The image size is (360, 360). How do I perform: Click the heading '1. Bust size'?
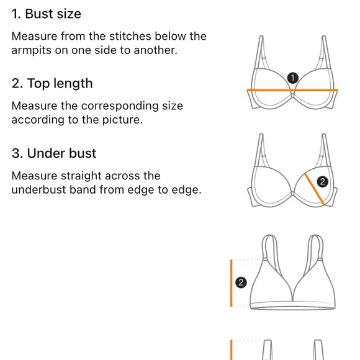click(46, 14)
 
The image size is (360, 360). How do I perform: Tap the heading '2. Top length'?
click(52, 83)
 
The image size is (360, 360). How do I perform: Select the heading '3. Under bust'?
click(54, 153)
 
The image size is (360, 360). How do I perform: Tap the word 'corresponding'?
click(120, 107)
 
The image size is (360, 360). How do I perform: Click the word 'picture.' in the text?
click(122, 120)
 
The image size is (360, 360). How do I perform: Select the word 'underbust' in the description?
click(39, 190)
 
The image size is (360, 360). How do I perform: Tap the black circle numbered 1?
click(293, 78)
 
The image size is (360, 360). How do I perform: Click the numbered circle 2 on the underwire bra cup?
click(322, 182)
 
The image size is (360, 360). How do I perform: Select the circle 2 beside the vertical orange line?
click(241, 282)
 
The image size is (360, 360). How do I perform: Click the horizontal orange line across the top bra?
click(292, 91)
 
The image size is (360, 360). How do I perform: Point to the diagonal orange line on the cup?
click(314, 189)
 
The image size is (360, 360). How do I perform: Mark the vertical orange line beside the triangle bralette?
click(231, 283)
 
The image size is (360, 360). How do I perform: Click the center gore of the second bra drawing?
click(292, 194)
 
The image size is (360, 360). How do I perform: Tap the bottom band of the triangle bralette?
click(292, 306)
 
